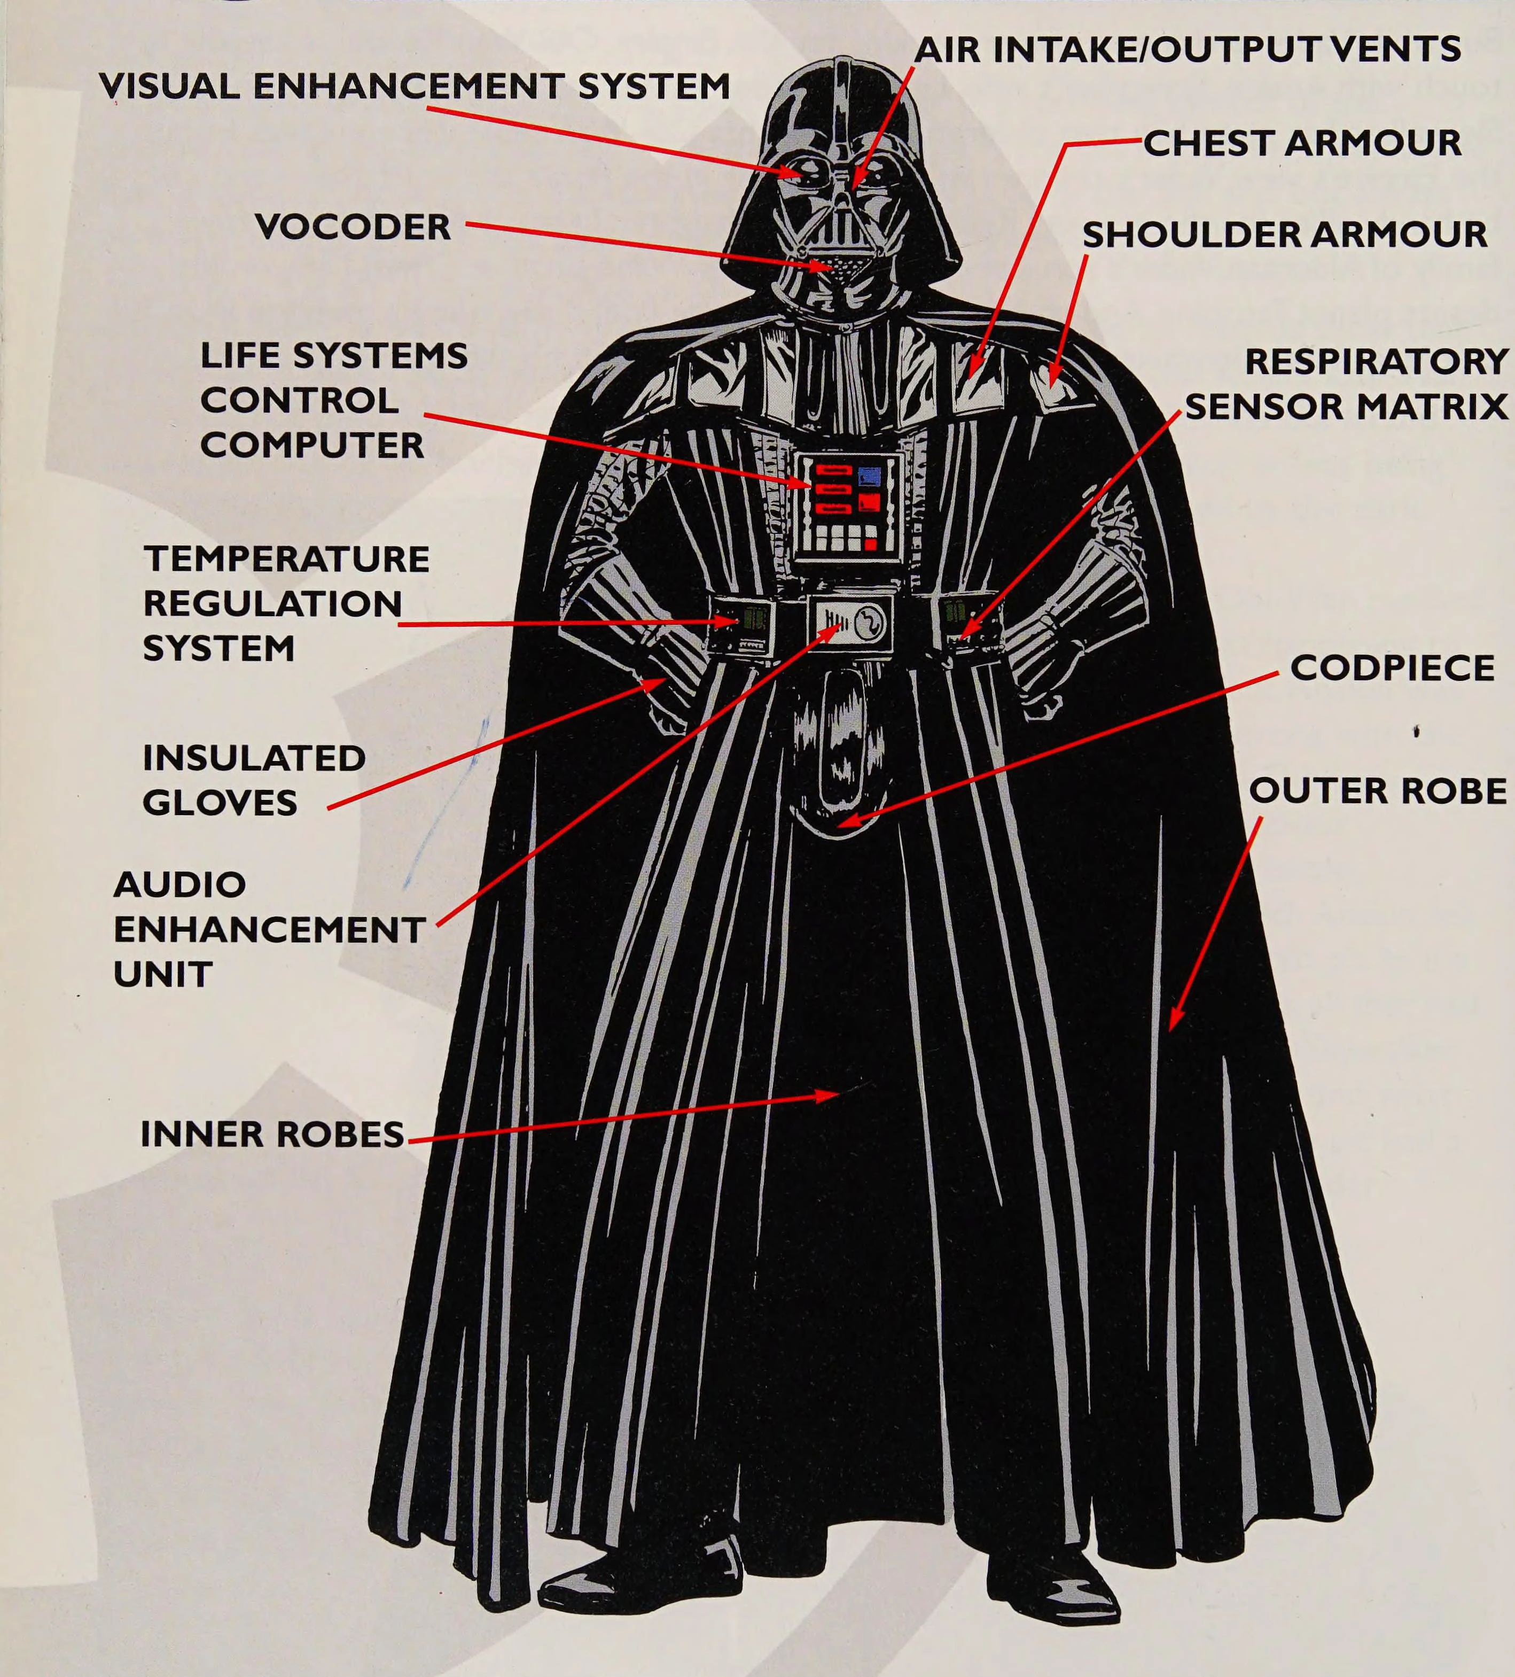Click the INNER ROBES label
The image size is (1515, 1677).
(x=272, y=1134)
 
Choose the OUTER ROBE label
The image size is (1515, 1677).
(x=1378, y=790)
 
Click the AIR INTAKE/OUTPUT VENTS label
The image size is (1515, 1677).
(x=1188, y=49)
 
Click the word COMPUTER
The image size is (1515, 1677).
(x=312, y=445)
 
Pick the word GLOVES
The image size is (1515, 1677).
(x=220, y=803)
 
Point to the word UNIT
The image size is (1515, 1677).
(x=163, y=974)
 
